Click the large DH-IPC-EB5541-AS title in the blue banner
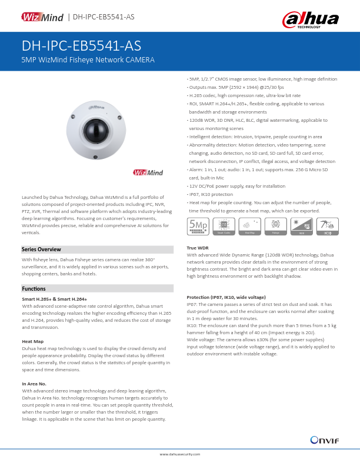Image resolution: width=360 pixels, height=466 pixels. (x=81, y=46)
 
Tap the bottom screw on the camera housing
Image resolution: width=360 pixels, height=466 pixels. (x=94, y=157)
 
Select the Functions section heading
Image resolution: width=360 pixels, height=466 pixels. (x=34, y=289)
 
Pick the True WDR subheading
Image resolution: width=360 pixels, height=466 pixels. (x=198, y=248)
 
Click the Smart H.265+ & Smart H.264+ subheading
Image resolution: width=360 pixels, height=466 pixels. (x=54, y=299)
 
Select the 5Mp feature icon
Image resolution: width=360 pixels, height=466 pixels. (x=198, y=225)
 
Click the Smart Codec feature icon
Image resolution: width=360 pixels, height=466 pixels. (x=224, y=226)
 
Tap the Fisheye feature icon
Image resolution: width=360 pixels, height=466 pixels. (x=275, y=226)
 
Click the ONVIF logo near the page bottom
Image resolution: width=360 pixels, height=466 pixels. (x=323, y=441)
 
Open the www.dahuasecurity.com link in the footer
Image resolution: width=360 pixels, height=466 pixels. (x=180, y=454)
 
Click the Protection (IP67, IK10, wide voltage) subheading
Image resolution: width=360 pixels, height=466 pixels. (x=225, y=298)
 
